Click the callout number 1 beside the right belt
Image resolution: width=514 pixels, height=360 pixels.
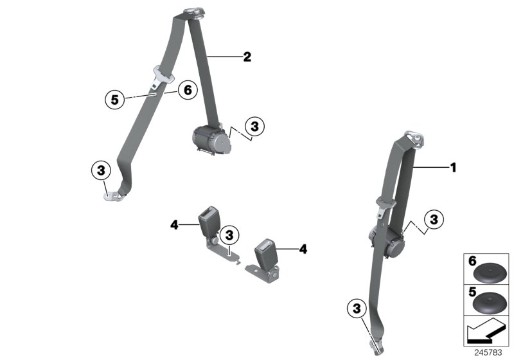tap(453, 168)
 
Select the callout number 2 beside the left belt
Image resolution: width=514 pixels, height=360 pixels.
tap(247, 57)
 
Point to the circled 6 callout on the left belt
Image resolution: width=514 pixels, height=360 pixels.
tap(187, 91)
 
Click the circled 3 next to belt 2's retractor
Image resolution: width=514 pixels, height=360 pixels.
tap(255, 127)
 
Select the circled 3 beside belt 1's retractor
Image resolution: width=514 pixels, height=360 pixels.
tap(434, 219)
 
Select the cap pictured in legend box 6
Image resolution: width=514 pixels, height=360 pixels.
tap(490, 273)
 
